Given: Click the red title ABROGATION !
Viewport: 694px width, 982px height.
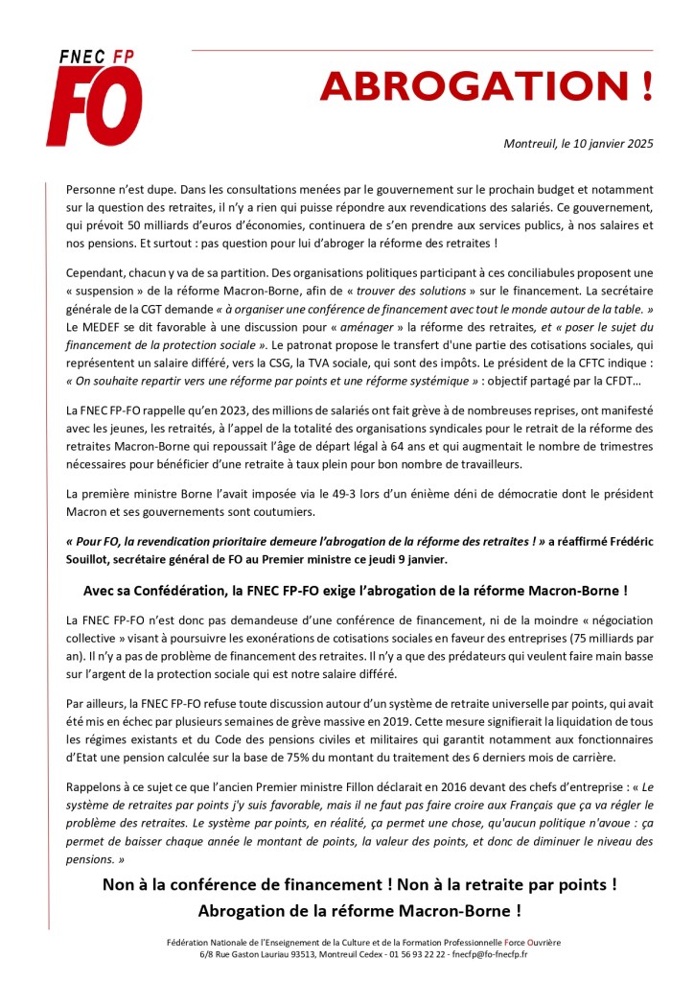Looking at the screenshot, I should (x=486, y=87).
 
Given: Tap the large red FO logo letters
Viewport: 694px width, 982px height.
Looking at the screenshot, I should (x=94, y=105).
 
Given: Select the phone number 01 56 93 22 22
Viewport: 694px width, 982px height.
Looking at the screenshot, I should (x=390, y=955).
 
